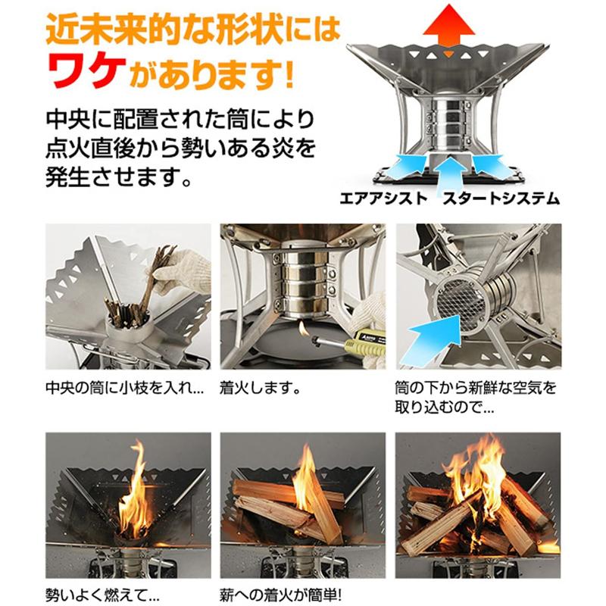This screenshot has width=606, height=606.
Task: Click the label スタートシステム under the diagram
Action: (x=500, y=199)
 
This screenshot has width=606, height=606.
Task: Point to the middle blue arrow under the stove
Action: (x=448, y=164)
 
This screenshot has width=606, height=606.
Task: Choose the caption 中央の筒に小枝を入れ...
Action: (x=124, y=389)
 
